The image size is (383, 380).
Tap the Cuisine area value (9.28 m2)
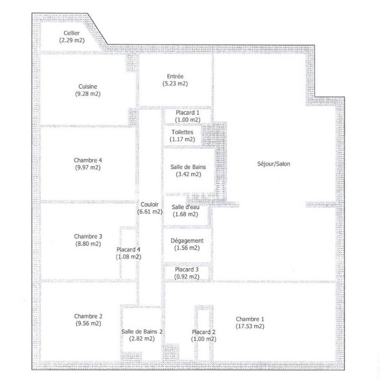pos(88,94)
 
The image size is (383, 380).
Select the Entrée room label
pos(175,76)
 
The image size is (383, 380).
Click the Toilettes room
pos(182,135)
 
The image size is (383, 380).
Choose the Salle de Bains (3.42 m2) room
pos(185,171)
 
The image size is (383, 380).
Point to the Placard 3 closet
pos(187,273)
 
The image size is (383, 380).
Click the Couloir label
pos(150,204)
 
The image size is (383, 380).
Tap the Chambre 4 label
pos(88,160)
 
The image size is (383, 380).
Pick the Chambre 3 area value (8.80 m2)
pos(88,243)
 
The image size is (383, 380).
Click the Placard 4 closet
pos(128,253)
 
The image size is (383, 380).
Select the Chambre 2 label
pos(88,316)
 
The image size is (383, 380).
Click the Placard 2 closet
pos(203,335)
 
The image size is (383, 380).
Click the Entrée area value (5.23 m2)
pos(175,83)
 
